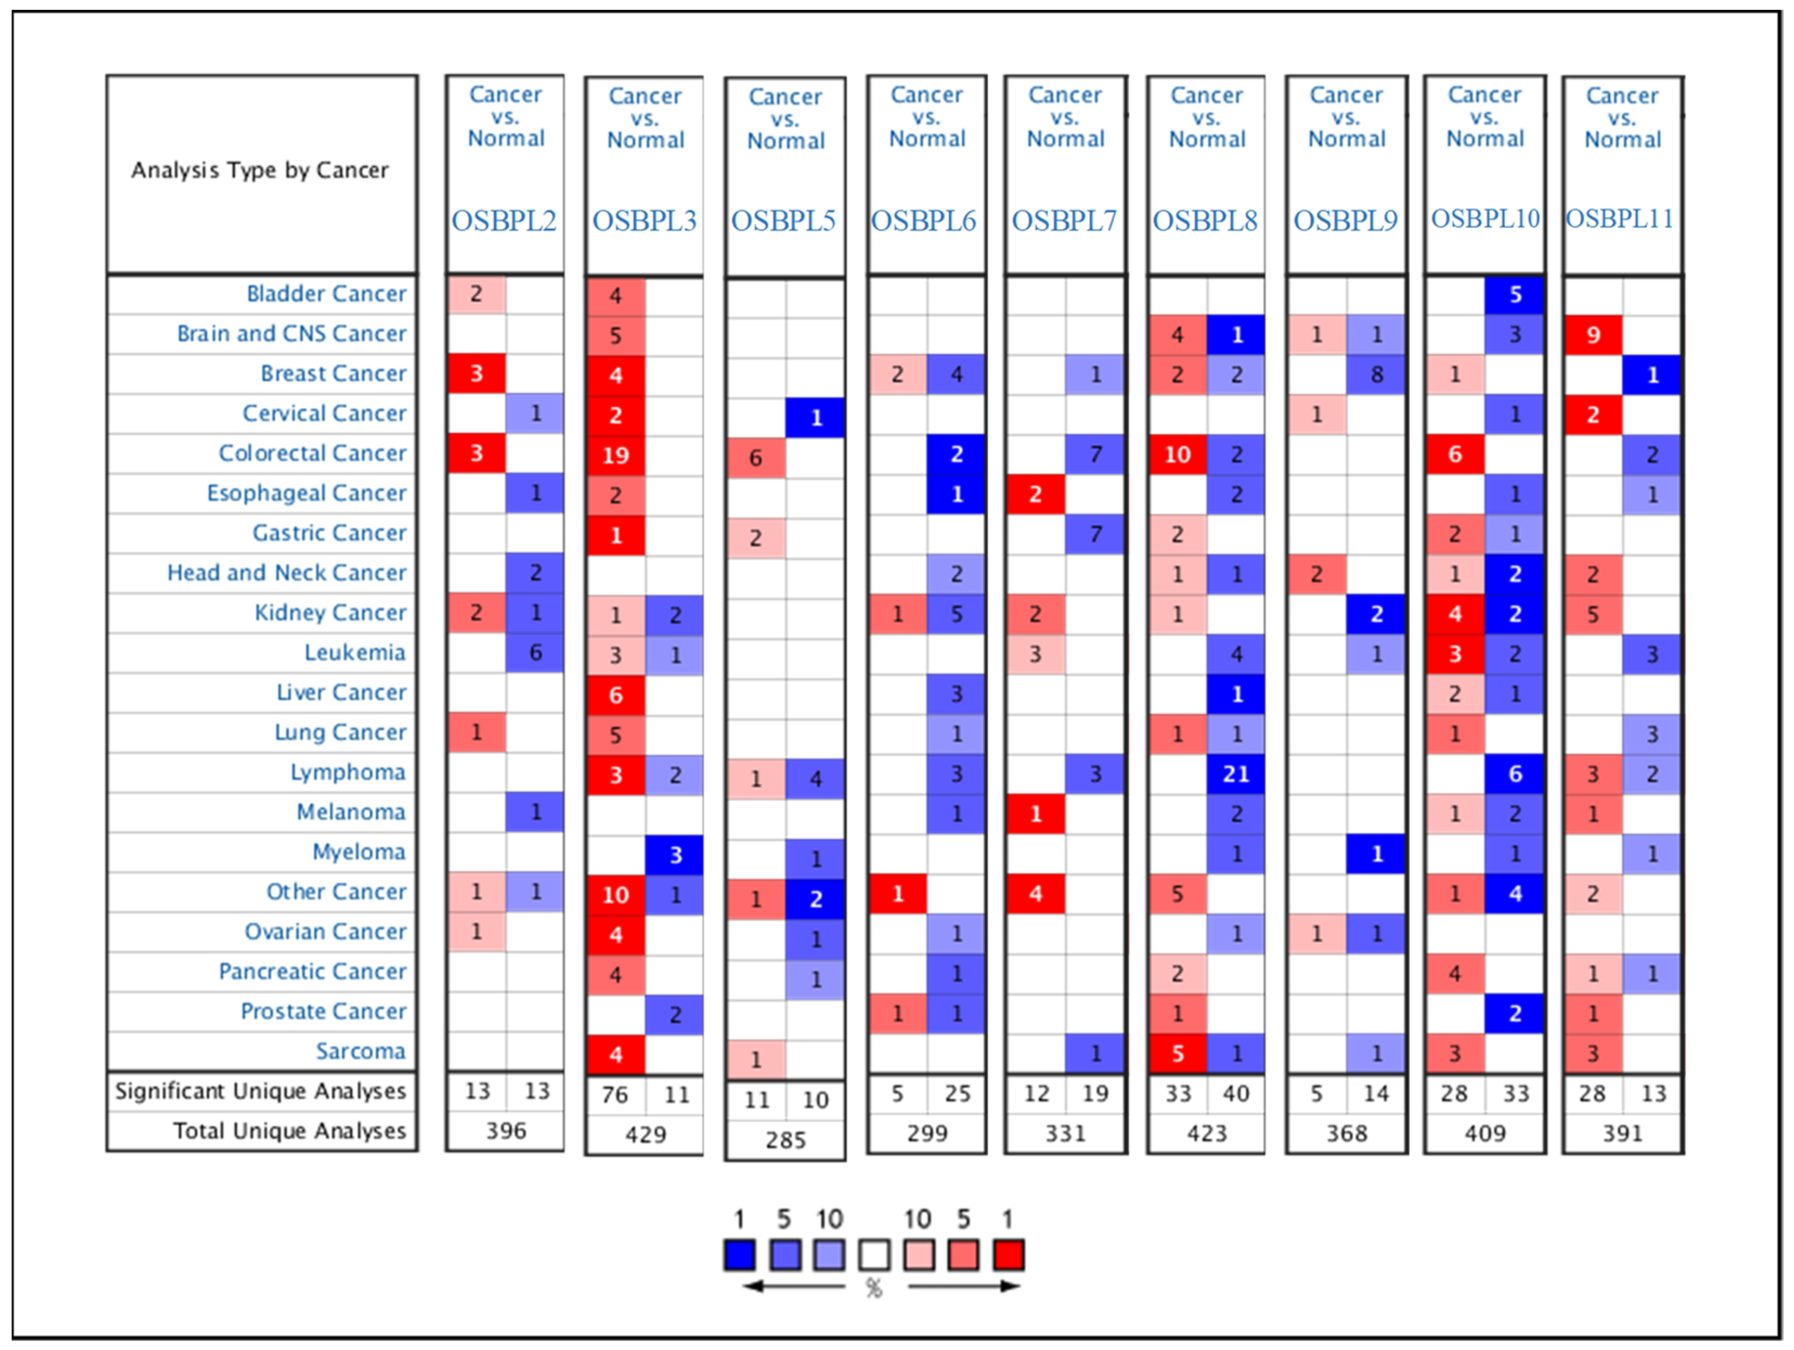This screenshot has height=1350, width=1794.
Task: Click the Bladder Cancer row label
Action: tap(326, 294)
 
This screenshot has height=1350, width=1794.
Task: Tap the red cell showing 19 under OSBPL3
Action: tap(616, 455)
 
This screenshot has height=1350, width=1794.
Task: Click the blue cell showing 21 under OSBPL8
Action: tap(1235, 774)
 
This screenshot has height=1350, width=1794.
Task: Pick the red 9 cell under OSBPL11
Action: tap(1593, 335)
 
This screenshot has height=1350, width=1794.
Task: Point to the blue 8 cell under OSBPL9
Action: tap(1376, 374)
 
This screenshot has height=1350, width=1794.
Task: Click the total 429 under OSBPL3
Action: tap(645, 1134)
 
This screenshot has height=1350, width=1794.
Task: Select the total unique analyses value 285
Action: tap(785, 1140)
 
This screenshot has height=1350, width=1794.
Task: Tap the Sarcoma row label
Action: tap(360, 1051)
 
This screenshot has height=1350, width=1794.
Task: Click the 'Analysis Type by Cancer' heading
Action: tap(260, 170)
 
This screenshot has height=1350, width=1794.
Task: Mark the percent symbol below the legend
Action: tap(873, 1288)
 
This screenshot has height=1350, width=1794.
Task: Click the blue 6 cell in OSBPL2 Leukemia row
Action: tap(535, 653)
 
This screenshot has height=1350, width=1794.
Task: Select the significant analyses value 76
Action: tap(615, 1095)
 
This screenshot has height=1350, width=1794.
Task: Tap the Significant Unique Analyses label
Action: tap(260, 1092)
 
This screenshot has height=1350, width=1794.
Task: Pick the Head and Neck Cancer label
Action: tap(286, 573)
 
